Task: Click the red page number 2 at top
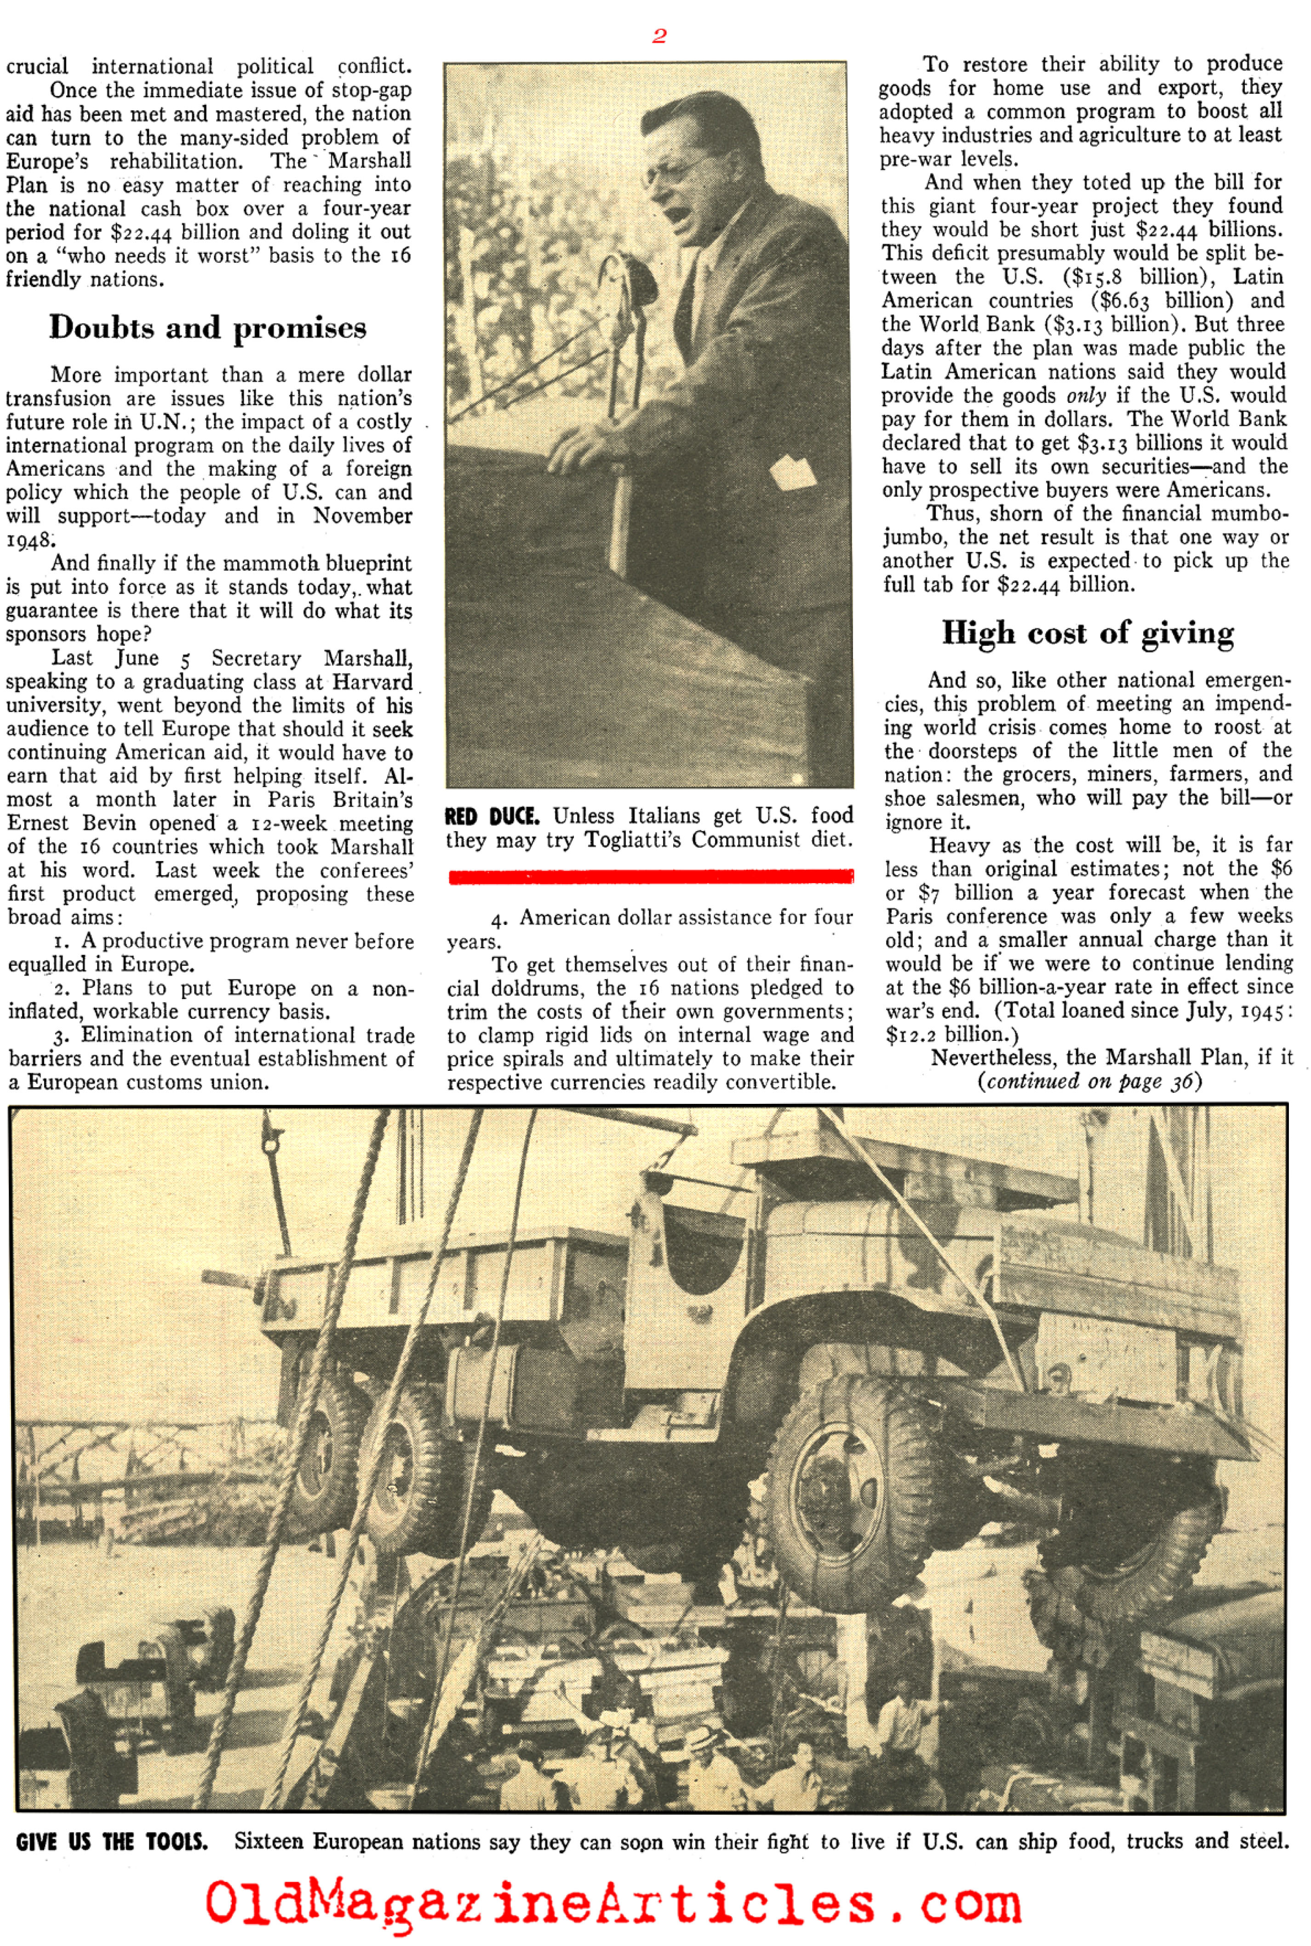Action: click(x=659, y=36)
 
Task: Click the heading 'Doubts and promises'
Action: click(x=207, y=327)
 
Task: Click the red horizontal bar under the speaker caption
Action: click(x=651, y=876)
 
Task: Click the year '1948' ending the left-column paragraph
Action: click(x=29, y=540)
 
